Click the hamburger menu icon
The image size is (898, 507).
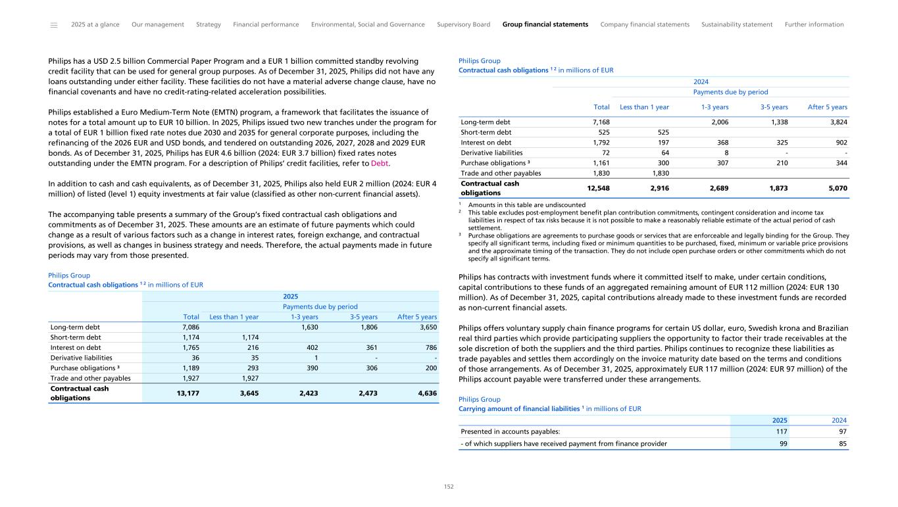point(54,25)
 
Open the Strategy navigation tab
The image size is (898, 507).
point(209,25)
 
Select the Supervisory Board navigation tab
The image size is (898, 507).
point(463,25)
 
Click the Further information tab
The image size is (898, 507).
point(814,25)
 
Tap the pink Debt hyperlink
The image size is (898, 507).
point(380,164)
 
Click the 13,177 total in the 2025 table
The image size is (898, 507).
point(186,393)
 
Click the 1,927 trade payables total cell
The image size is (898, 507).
point(190,378)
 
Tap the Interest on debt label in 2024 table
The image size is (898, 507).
point(486,143)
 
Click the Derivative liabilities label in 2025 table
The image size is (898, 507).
point(80,357)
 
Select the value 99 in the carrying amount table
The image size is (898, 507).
point(782,443)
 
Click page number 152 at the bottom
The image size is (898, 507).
point(449,487)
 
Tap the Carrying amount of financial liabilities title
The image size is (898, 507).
point(520,409)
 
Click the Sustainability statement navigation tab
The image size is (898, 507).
point(737,25)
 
